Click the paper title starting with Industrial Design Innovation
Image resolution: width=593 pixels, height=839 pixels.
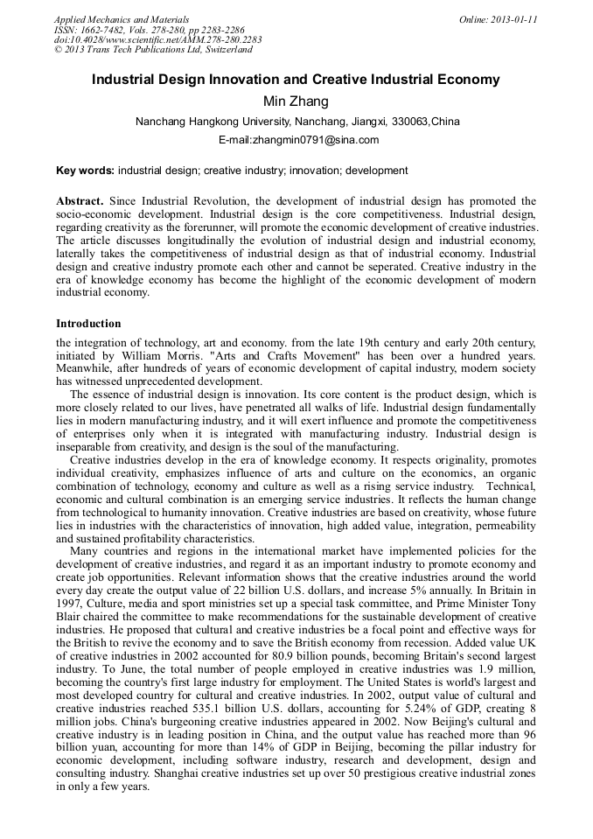click(296, 80)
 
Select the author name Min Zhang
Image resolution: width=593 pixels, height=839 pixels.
click(296, 101)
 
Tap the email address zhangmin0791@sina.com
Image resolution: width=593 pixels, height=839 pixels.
click(298, 140)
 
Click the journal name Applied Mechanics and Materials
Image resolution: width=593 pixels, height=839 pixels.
click(122, 19)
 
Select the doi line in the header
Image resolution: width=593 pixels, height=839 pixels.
click(157, 39)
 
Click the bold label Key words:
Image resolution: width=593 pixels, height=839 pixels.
click(85, 171)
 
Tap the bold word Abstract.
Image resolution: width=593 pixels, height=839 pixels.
click(80, 201)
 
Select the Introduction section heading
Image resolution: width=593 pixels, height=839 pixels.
click(88, 324)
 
